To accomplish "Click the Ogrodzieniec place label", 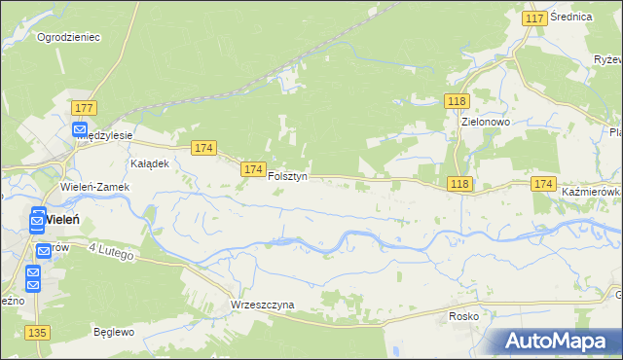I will coord(69,37).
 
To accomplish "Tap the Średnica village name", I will coord(570,18).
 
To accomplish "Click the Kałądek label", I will coord(150,163).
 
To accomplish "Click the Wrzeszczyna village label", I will coord(262,305).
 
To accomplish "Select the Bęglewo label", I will coord(112,331).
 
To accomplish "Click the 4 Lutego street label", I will coord(111,253).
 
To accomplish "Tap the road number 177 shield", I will coord(83,108).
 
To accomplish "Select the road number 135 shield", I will coord(38,334).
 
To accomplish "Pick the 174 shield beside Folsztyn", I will coord(252,169).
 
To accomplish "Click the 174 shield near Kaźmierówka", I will coord(543,184).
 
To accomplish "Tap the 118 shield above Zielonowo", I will coord(458,101).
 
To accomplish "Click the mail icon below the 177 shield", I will coord(80,129).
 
